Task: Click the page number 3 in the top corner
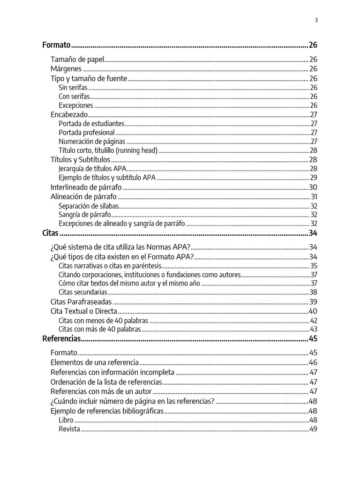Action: coord(316,20)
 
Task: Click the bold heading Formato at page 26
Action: coord(56,45)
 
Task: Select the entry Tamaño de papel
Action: coord(76,60)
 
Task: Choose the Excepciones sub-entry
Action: coord(76,105)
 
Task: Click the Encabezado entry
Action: coord(69,114)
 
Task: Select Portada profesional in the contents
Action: coord(87,133)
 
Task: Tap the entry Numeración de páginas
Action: coord(92,142)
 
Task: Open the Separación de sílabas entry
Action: coord(89,206)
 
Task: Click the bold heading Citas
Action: coord(50,233)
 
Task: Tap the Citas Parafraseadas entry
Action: coord(81,301)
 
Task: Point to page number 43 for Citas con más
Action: coord(314,330)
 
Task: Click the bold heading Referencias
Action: coord(61,339)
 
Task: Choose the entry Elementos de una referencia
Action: coord(94,362)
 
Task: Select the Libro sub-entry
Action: coord(66,420)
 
